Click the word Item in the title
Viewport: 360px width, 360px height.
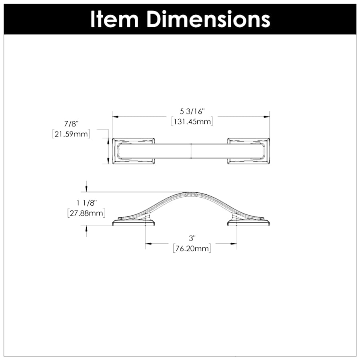point(114,19)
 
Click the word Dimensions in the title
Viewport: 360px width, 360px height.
point(208,19)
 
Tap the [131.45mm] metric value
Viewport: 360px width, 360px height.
point(192,122)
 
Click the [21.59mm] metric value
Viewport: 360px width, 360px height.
point(71,134)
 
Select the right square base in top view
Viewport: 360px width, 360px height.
point(248,151)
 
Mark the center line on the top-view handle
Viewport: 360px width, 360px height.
point(192,151)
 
